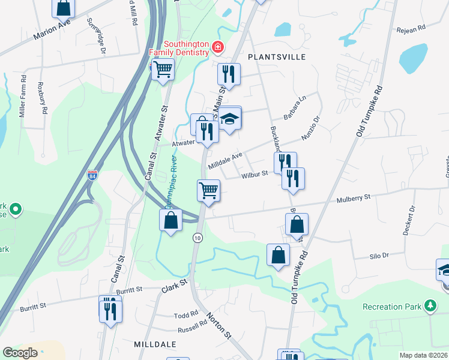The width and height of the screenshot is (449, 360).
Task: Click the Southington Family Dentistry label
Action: click(178, 48)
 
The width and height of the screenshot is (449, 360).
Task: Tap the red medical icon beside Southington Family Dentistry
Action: click(217, 47)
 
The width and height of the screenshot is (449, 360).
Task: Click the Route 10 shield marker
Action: click(197, 238)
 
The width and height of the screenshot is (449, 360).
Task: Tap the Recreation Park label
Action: click(392, 307)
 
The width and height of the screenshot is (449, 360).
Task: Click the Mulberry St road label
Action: click(354, 197)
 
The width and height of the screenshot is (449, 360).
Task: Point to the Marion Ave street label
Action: click(52, 29)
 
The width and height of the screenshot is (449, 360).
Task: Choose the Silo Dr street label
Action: click(379, 255)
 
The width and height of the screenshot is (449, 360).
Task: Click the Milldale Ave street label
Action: click(225, 160)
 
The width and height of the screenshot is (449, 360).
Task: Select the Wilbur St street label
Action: click(255, 175)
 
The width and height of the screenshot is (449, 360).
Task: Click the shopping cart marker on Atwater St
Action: click(163, 70)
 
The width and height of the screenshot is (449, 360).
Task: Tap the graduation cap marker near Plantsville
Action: click(229, 119)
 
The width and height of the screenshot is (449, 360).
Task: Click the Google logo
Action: click(20, 353)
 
